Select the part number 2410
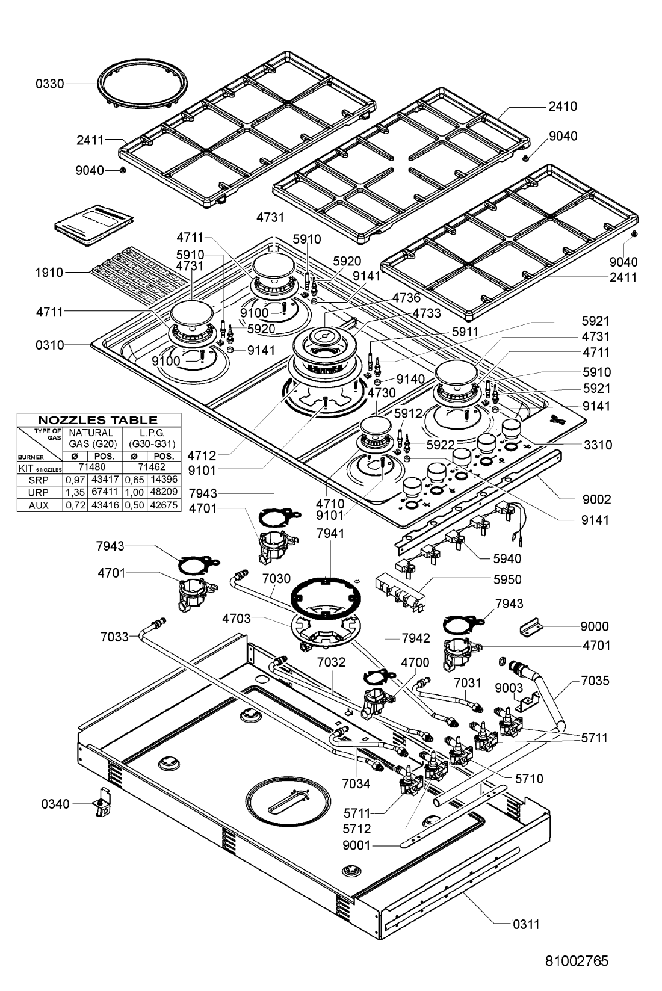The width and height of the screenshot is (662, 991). click(563, 106)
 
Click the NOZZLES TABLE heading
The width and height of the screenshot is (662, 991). click(97, 420)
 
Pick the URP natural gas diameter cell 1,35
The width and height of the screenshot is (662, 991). click(75, 492)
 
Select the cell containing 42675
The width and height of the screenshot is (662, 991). click(164, 505)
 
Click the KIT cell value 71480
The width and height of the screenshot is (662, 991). click(91, 467)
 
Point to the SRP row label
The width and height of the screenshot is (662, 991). click(39, 480)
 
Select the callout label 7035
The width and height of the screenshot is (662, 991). click(595, 681)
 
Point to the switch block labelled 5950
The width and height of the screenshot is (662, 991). click(400, 593)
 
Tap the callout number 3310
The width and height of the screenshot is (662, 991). click(598, 445)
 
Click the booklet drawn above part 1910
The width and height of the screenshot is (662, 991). click(94, 225)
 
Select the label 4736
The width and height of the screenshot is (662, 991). click(406, 297)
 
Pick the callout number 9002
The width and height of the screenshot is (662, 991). click(596, 499)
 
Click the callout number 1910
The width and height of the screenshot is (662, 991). click(49, 273)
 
